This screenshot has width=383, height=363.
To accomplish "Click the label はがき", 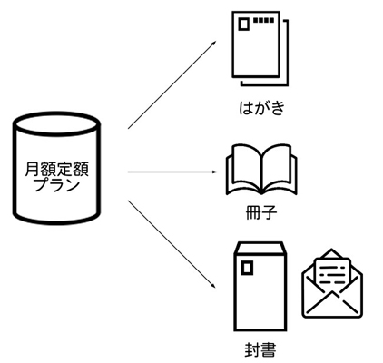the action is (x=262, y=107).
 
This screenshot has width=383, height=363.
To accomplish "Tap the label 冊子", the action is (x=260, y=212).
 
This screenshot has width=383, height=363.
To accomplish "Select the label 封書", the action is (x=260, y=350).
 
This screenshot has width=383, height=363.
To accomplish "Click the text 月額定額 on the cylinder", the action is (x=56, y=169).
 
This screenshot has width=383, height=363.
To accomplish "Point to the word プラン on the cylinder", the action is (x=57, y=185).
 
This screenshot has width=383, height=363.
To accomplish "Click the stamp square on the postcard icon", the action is (x=243, y=25).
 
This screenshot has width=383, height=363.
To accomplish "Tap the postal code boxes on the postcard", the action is (x=264, y=20).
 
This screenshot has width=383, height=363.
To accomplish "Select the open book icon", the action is (x=261, y=170).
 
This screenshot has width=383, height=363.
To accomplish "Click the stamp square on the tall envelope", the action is (x=247, y=268).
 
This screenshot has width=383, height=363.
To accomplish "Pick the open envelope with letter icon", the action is (x=332, y=283).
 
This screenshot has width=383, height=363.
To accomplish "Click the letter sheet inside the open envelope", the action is (x=332, y=274).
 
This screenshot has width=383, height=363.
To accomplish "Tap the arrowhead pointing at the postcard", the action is (x=214, y=43).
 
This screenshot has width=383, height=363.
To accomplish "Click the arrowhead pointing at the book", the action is (x=214, y=172).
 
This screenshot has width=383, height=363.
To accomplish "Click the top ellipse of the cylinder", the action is (x=56, y=123).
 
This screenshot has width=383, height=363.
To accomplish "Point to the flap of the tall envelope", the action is (x=260, y=248).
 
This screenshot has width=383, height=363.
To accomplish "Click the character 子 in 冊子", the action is (x=269, y=212).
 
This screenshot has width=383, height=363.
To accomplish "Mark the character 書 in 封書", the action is (x=269, y=350).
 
